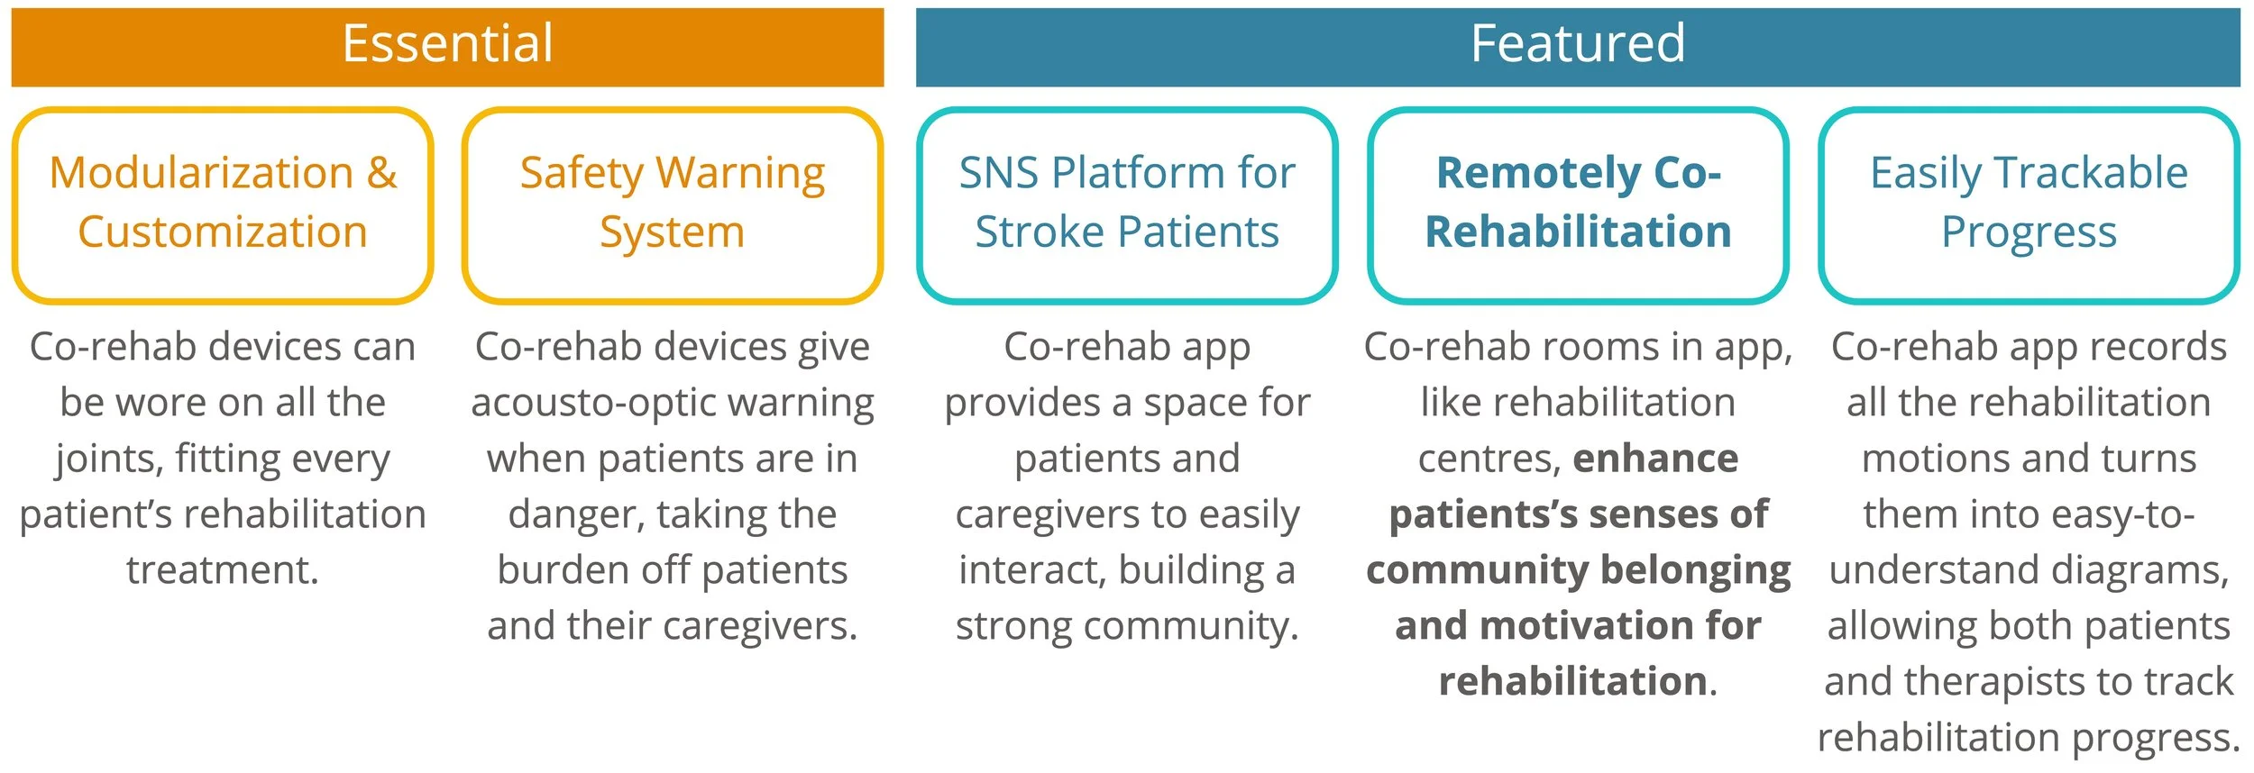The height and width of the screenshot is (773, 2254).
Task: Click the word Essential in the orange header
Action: pos(447,43)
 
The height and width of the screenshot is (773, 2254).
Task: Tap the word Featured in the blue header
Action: pos(1577,43)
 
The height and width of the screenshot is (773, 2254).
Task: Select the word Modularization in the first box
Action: pos(201,172)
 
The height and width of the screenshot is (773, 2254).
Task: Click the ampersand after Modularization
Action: pos(382,172)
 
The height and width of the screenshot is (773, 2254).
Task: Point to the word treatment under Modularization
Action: pos(223,570)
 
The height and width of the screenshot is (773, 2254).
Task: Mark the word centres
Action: pos(1488,459)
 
